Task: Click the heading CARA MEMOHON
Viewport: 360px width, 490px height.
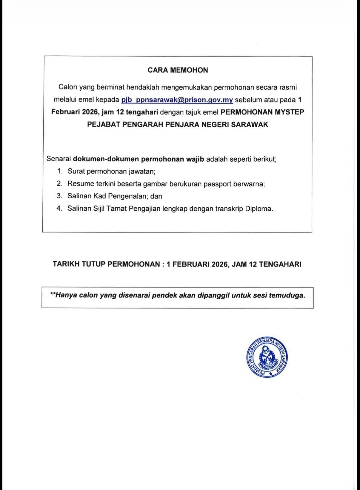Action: tap(178, 70)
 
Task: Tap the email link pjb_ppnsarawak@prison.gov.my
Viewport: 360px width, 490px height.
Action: tap(177, 100)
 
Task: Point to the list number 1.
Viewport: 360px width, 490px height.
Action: tap(60, 171)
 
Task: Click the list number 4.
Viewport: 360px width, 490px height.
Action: tap(59, 208)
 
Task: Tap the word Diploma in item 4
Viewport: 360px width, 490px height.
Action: tap(259, 209)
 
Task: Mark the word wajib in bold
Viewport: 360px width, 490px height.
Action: tap(195, 159)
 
